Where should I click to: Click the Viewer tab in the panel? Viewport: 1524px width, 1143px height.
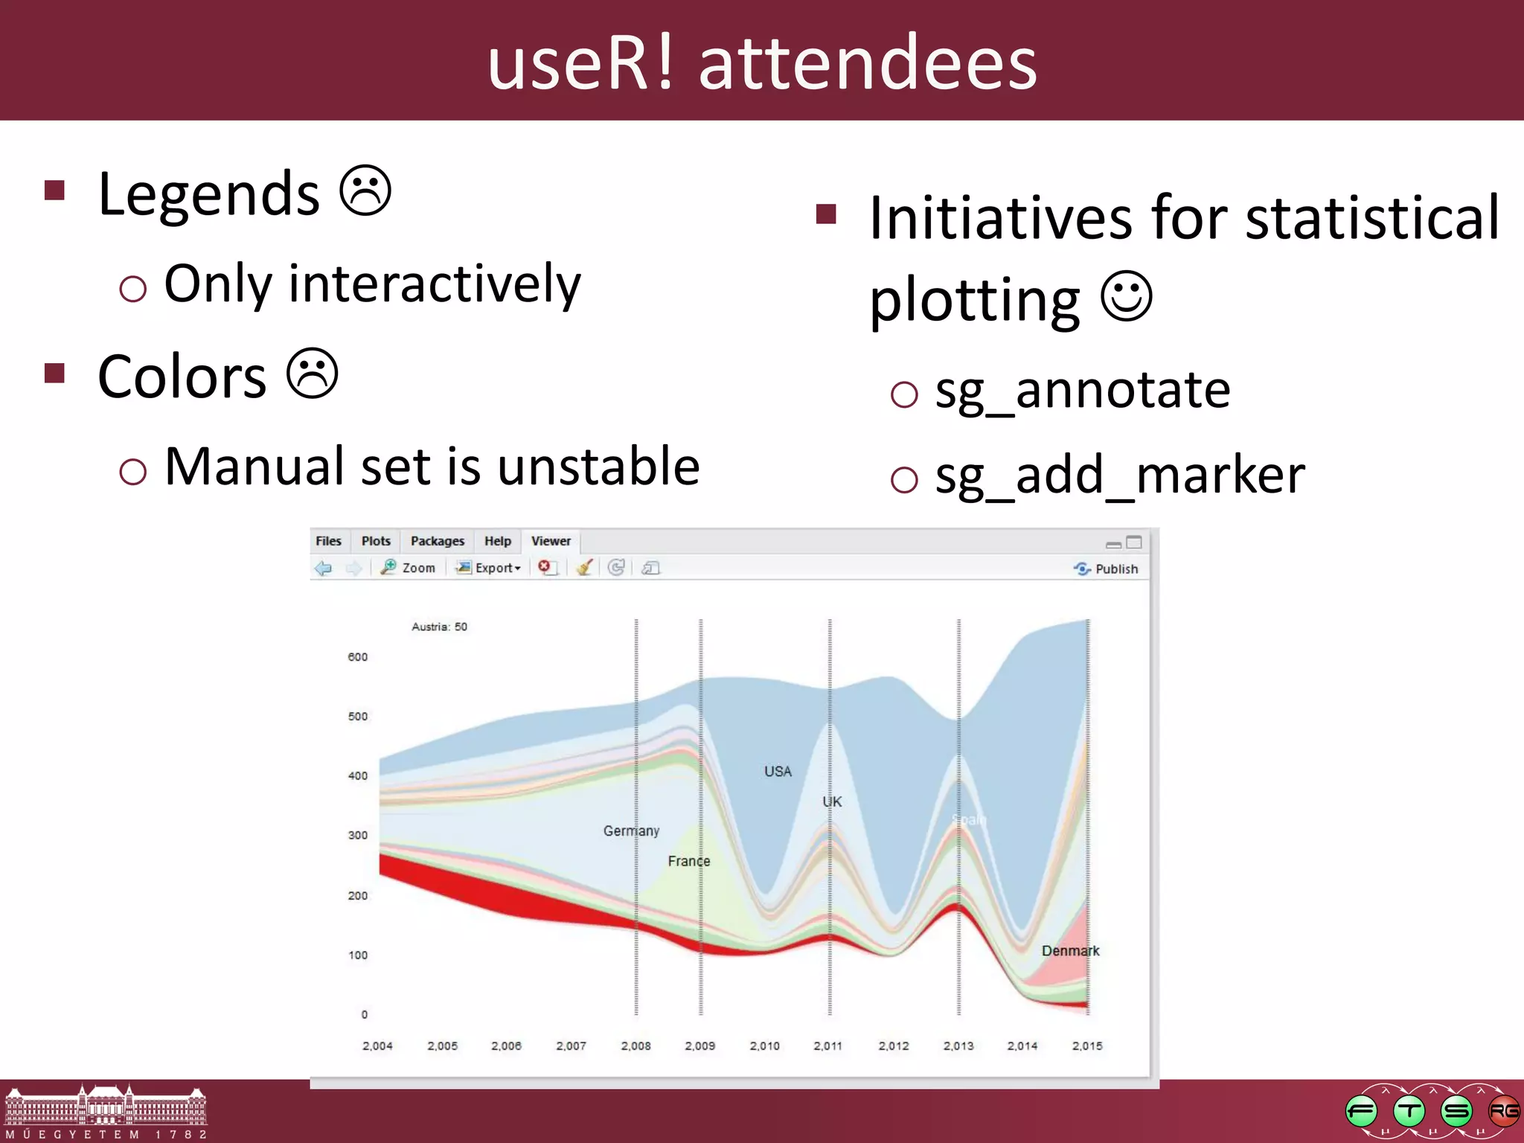551,541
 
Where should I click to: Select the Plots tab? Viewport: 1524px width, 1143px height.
376,541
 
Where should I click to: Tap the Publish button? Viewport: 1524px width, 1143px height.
1107,569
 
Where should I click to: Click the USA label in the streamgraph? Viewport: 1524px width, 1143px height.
778,772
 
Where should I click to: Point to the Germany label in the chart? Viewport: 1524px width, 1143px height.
631,830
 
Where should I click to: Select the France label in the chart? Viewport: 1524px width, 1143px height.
688,861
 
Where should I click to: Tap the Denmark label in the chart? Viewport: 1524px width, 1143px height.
1069,951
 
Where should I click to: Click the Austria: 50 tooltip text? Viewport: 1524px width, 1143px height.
439,627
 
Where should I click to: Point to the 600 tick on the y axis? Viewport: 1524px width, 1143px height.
357,657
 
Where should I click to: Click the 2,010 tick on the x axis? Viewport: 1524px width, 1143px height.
764,1046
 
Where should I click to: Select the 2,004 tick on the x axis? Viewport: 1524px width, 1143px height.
377,1046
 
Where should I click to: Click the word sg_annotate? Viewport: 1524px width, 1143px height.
1082,390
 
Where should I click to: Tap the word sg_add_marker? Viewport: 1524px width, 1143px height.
1119,475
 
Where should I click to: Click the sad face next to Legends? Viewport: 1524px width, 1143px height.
365,191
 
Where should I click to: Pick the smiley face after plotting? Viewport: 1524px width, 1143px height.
1127,296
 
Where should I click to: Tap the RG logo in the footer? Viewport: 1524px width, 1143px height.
1503,1112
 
